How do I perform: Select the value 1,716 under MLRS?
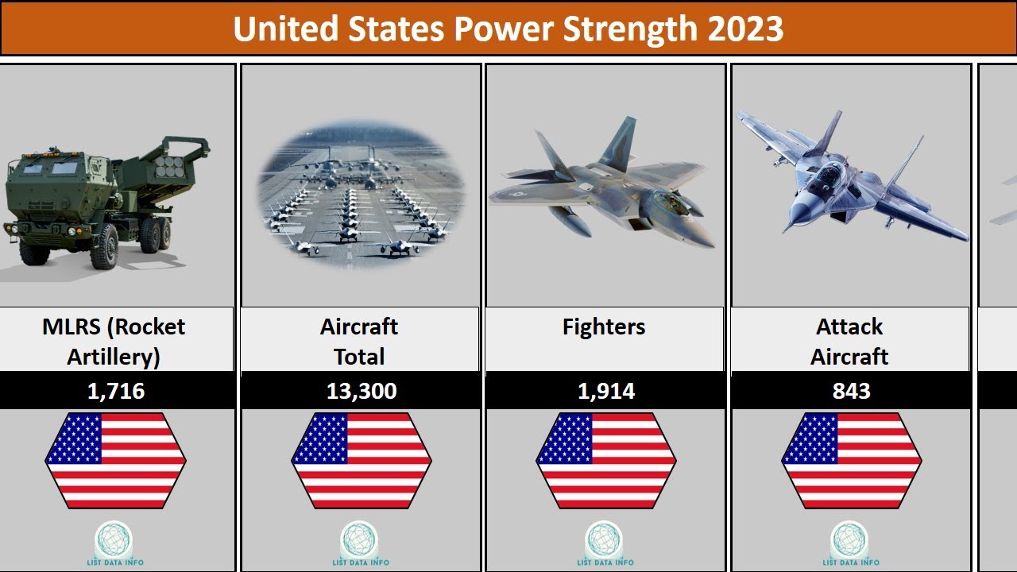point(116,391)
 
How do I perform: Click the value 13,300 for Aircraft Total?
point(361,391)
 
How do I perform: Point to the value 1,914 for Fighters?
point(605,391)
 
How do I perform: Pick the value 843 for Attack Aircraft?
point(851,391)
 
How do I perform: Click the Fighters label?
point(604,327)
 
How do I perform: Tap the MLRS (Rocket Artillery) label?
point(114,342)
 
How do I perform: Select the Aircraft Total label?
point(359,342)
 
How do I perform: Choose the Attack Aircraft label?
point(849,342)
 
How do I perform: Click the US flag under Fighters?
point(605,460)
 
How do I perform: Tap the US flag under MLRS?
point(115,460)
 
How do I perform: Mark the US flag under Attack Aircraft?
point(851,460)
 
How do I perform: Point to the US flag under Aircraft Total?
point(361,460)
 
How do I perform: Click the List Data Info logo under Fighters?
point(605,541)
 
